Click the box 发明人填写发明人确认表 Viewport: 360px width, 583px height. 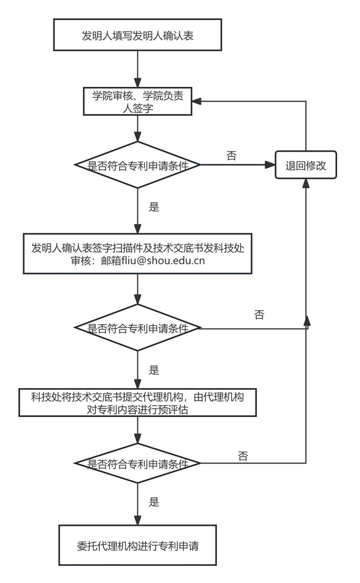click(x=137, y=35)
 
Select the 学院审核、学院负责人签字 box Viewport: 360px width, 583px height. click(x=137, y=102)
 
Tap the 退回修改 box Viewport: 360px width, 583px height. click(x=306, y=166)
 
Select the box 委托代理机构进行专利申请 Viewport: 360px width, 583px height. click(x=137, y=545)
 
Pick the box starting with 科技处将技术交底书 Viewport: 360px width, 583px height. click(x=137, y=402)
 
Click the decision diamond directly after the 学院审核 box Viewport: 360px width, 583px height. click(x=137, y=165)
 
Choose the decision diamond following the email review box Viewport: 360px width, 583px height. click(x=137, y=328)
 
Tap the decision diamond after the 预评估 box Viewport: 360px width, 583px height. click(x=137, y=463)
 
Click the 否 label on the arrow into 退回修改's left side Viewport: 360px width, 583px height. click(x=232, y=156)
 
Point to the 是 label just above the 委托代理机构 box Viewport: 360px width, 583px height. click(x=154, y=502)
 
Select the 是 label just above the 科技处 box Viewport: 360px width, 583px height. click(x=154, y=370)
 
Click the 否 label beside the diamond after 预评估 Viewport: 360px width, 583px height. click(x=243, y=456)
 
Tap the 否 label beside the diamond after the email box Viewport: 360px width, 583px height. click(x=259, y=315)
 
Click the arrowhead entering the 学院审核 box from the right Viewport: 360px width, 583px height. click(x=196, y=101)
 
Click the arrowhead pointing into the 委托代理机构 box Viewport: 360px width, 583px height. click(x=137, y=520)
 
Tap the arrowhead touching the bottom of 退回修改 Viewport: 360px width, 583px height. click(x=306, y=183)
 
